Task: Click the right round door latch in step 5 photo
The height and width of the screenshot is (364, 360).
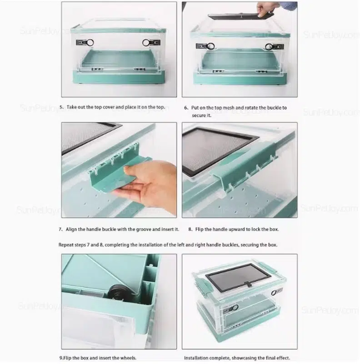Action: point(146,43)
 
